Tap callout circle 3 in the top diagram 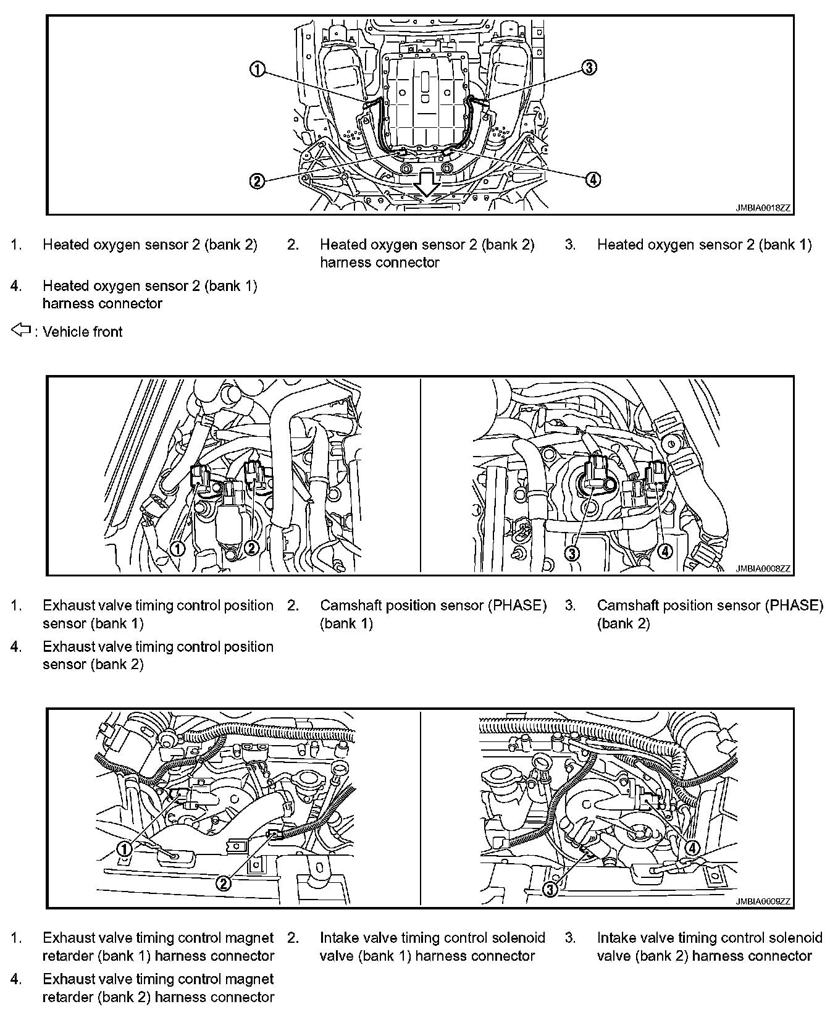589,67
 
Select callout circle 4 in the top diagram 592,179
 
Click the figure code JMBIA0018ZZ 763,208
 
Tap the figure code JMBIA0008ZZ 763,568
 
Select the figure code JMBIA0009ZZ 763,901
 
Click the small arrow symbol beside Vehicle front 21,331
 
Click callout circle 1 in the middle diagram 178,547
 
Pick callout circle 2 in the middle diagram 251,547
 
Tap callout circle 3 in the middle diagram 572,554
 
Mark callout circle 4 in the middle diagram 664,550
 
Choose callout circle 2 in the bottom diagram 224,883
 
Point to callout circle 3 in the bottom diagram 550,888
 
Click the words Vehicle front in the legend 83,332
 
